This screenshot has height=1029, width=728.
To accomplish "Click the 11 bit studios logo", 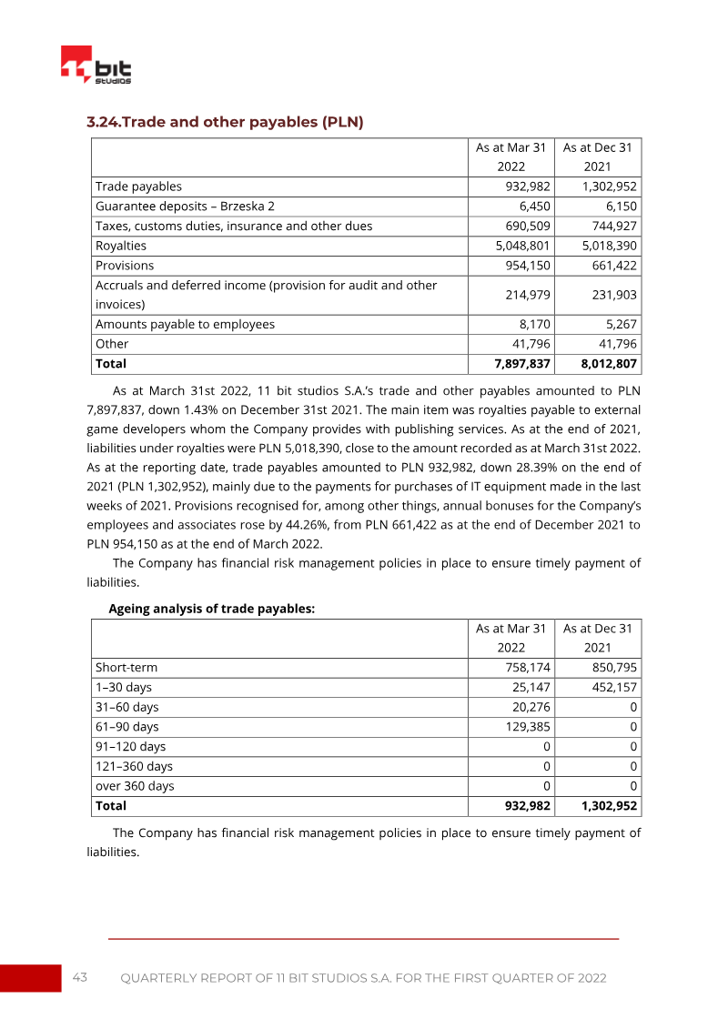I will [96, 66].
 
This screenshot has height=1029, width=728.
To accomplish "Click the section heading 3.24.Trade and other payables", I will [225, 122].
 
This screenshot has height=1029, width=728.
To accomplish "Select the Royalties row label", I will [121, 246].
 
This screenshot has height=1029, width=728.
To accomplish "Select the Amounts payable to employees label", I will [185, 324].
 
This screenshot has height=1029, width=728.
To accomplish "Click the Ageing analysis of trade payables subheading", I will [212, 610].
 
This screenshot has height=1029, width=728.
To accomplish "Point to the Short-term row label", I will [126, 667].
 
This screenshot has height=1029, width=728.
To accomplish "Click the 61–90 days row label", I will [127, 727].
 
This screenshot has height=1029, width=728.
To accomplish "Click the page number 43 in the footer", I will [80, 977].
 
